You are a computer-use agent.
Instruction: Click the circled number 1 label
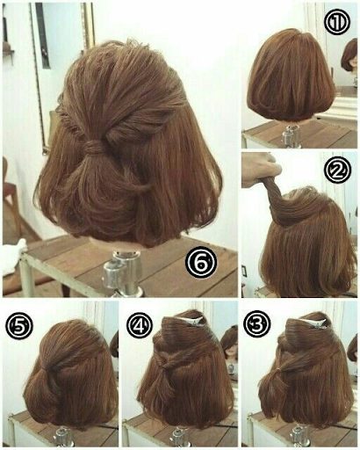337,24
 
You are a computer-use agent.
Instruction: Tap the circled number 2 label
338,171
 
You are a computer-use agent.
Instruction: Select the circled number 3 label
257,324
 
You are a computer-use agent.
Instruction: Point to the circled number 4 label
140,324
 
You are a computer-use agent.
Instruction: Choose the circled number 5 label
18,324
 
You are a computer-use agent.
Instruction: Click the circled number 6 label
201,262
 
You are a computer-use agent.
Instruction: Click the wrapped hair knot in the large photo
93,146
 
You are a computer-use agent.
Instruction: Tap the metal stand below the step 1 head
291,137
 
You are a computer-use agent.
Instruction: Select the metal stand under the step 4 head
179,437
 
